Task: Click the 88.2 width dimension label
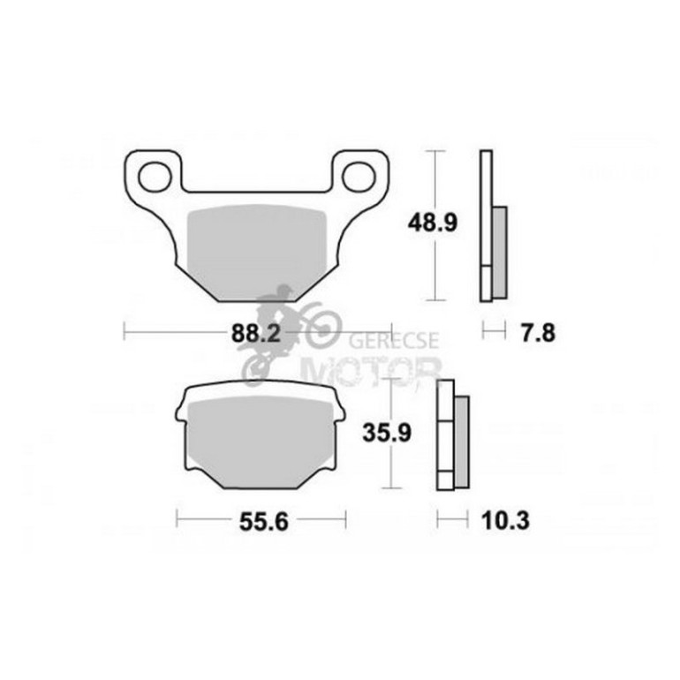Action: [x=256, y=334]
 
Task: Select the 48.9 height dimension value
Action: [x=433, y=223]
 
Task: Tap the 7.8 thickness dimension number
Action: [x=538, y=334]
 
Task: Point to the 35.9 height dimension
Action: [x=387, y=433]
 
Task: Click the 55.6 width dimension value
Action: [x=264, y=522]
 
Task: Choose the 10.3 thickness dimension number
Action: [x=505, y=520]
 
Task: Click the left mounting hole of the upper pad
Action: [x=155, y=177]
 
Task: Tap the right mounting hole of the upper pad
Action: [x=359, y=177]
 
